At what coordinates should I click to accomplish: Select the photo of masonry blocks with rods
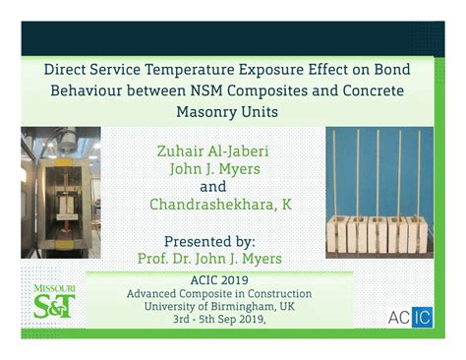(x=379, y=192)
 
